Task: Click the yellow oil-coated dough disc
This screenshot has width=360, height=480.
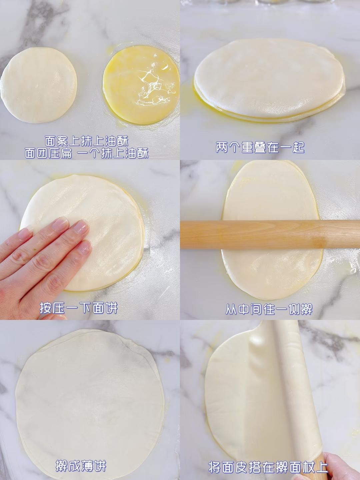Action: [x=141, y=85]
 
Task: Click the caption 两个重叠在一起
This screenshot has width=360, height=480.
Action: [x=260, y=148]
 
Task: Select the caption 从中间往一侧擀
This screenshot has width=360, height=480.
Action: [x=269, y=309]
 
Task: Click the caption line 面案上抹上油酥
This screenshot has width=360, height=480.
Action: [x=87, y=141]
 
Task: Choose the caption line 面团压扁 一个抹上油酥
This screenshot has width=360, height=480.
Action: [x=87, y=153]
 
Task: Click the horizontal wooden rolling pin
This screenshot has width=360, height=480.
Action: [x=270, y=235]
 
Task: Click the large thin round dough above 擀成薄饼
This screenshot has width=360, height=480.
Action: [x=90, y=395]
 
